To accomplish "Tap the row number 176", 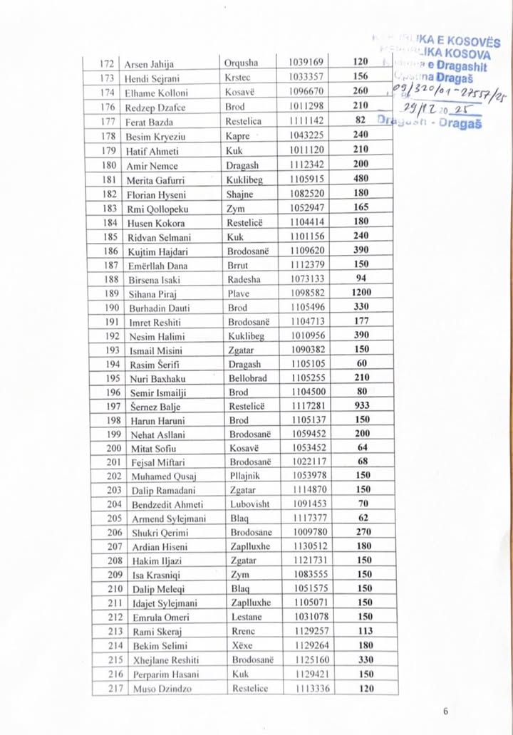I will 108,106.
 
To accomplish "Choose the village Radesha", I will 247,278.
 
